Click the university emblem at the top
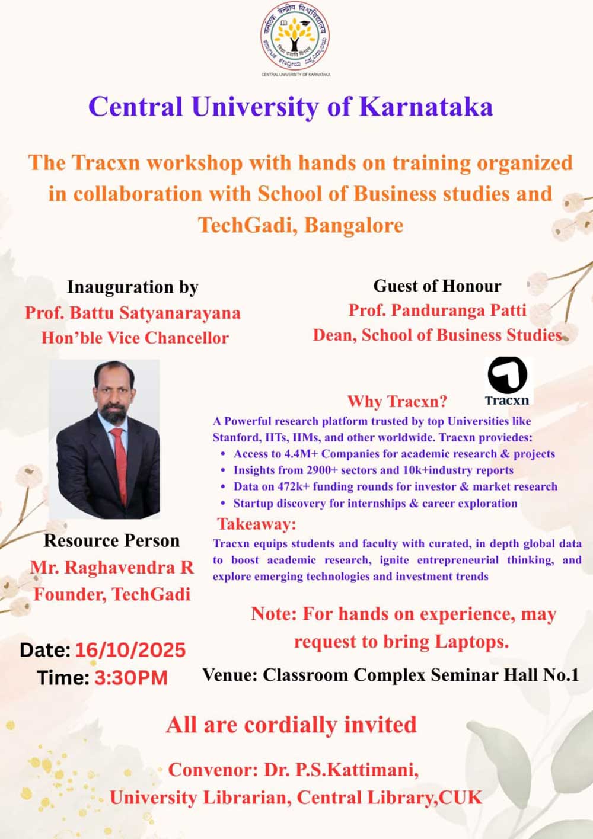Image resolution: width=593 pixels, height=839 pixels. point(295,36)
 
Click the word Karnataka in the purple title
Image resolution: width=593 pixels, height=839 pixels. point(426,107)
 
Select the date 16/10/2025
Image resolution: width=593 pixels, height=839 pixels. point(130,650)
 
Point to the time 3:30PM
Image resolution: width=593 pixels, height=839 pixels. point(131,678)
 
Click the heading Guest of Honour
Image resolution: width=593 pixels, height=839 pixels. point(437,286)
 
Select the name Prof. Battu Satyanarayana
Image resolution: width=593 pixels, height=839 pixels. point(133,313)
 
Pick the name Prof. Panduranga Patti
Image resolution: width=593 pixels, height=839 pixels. point(438,310)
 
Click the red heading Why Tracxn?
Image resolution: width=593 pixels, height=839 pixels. point(398,401)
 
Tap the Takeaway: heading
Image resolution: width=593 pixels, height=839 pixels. point(257,524)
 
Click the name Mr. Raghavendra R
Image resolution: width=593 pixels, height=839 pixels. point(111,568)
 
